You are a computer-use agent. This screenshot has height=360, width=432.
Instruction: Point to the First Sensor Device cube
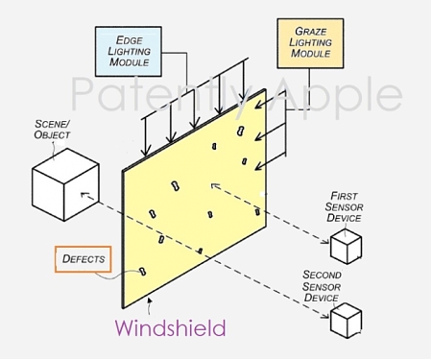click(346, 248)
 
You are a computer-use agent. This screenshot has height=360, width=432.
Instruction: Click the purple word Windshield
click(171, 328)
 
